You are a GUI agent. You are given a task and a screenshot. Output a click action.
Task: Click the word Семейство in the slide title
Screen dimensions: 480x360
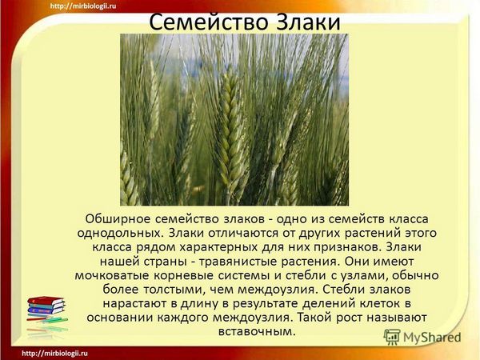[209, 22]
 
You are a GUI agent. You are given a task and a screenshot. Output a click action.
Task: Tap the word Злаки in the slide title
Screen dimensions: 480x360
[309, 22]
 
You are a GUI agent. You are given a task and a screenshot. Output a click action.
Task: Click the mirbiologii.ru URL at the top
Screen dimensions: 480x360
[83, 6]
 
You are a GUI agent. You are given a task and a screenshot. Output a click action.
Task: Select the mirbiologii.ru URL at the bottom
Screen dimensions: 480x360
[55, 354]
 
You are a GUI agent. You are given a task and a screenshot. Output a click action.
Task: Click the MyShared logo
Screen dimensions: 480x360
[422, 338]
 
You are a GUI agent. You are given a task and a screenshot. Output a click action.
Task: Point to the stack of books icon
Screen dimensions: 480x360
[46, 309]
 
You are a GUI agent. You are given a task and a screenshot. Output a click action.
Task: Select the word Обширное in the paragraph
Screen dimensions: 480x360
[118, 219]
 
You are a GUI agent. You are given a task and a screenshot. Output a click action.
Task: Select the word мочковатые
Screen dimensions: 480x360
[112, 275]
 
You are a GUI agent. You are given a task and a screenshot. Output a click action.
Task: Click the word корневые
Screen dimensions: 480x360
[183, 275]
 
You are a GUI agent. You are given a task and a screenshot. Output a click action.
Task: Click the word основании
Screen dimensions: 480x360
[120, 318]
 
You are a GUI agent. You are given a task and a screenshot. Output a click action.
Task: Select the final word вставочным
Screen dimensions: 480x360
[257, 331]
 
